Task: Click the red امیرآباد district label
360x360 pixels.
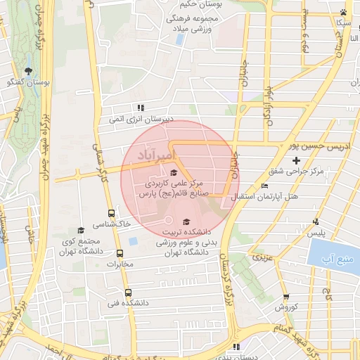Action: tap(154, 153)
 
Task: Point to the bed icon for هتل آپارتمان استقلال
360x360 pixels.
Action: tap(264, 185)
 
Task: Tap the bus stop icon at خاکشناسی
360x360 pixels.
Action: tap(110, 213)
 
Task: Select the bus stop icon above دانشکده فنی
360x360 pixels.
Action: tap(127, 292)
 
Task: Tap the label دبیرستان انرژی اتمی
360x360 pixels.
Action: tap(140, 119)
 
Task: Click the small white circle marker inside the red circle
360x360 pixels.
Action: tap(167, 219)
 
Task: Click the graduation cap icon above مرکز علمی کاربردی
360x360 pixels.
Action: tap(174, 172)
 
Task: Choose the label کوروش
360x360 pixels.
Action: tap(287, 307)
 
